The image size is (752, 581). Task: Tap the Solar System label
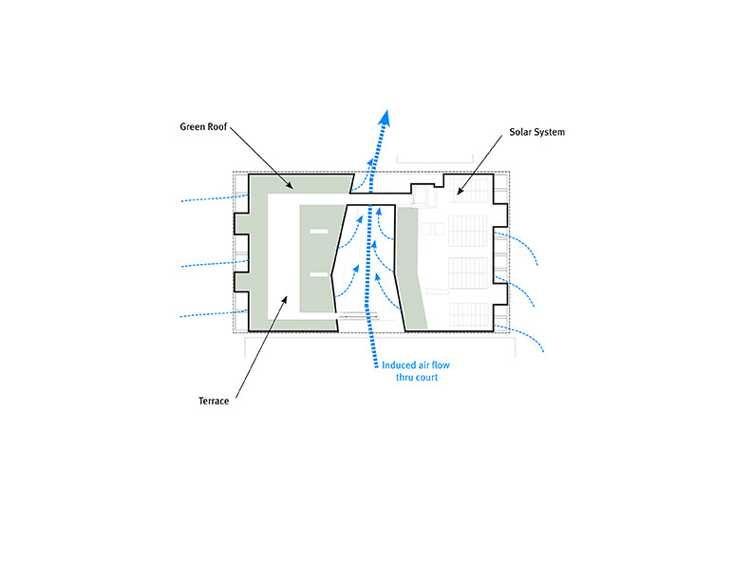(537, 132)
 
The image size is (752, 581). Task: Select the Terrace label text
(207, 401)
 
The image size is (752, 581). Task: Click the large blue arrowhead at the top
(385, 117)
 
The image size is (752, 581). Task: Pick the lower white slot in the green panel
(317, 275)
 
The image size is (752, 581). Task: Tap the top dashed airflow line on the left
(214, 199)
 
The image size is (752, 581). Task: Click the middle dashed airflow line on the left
(214, 263)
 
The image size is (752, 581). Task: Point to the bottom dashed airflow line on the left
(214, 315)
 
